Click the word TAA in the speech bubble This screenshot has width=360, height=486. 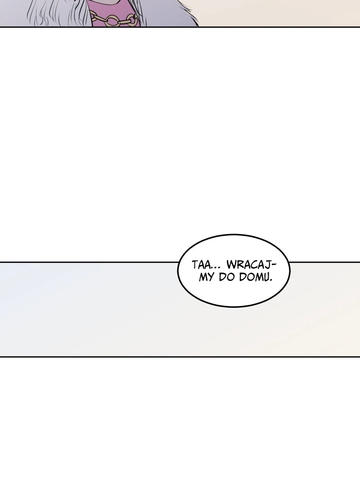[x=200, y=265]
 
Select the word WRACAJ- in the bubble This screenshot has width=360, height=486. [x=251, y=265]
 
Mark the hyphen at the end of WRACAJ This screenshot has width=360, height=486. [x=273, y=265]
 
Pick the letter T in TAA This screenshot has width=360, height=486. [x=194, y=265]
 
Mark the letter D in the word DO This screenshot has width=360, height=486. [x=222, y=277]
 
